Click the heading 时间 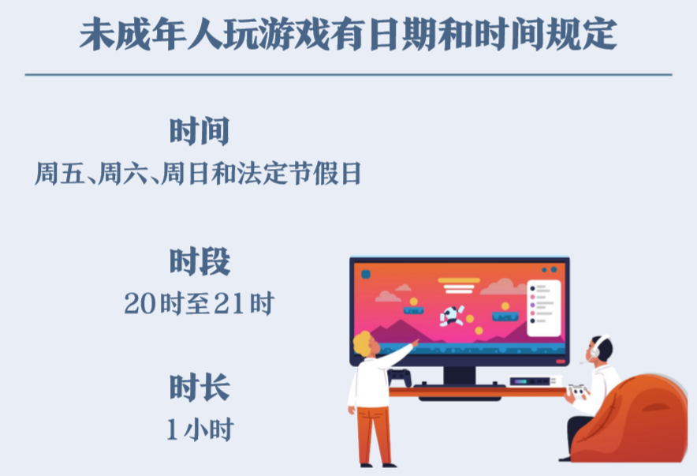point(199,131)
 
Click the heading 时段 point(199,261)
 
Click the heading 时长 point(199,388)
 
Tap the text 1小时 point(200,429)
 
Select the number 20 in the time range point(140,304)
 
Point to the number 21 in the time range point(229,304)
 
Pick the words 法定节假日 point(299,174)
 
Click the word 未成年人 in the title point(151,34)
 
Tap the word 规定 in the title point(581,34)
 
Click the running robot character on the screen point(452,316)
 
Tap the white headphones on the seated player point(597,347)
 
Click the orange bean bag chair point(632,422)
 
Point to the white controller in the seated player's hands point(577,390)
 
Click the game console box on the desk point(534,381)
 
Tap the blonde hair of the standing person point(363,343)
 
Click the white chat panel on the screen point(543,309)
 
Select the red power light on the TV point(561,362)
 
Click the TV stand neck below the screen point(460,376)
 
